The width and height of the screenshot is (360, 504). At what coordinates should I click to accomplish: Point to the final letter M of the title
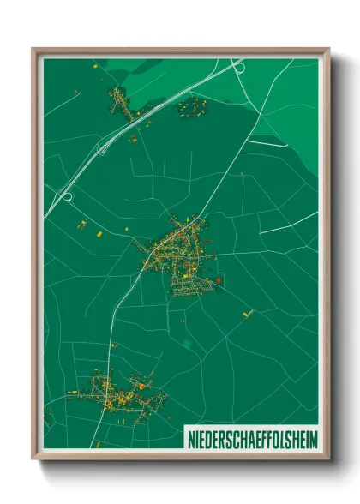point(313,438)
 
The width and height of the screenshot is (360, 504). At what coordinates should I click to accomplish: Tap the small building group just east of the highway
point(192,107)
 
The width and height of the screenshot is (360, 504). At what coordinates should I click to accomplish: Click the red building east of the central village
point(219,279)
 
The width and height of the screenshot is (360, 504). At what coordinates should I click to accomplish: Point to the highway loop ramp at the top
point(236,64)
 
